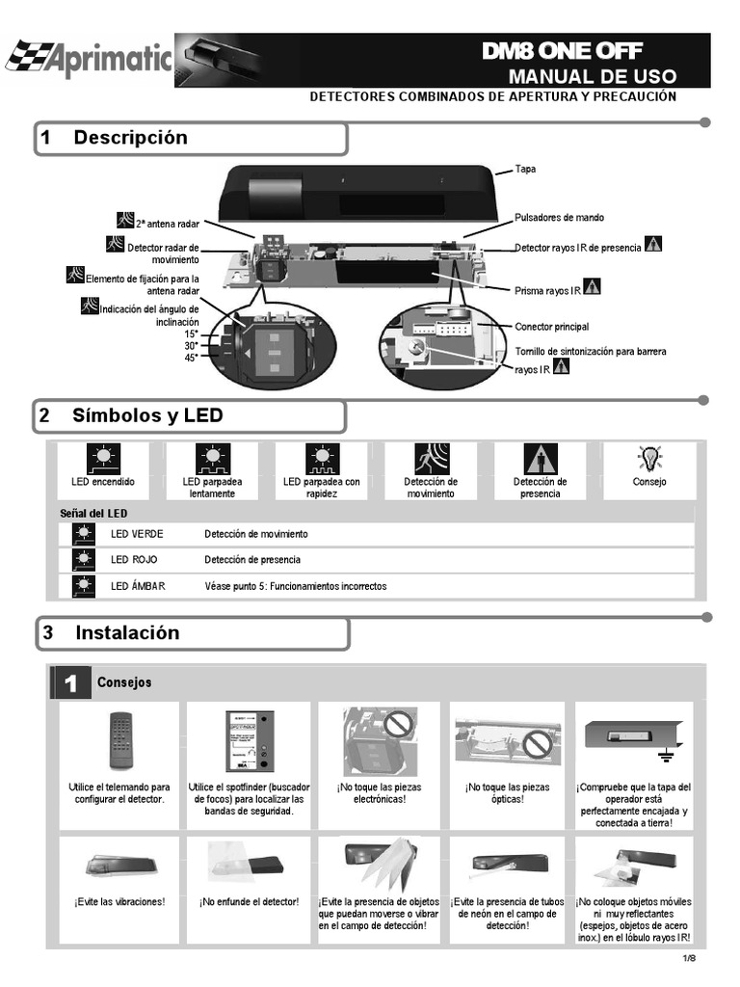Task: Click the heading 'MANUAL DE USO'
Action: tap(593, 76)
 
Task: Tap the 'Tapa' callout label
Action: tap(525, 169)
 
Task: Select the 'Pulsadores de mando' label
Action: tap(560, 218)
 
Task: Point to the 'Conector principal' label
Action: tap(551, 327)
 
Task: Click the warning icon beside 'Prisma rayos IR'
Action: tap(593, 286)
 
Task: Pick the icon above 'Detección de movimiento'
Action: tap(431, 458)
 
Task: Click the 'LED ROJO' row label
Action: tap(134, 560)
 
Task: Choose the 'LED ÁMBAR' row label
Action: tap(138, 586)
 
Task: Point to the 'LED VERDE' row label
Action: tap(137, 534)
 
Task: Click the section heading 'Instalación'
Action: tap(127, 633)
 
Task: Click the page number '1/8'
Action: tap(689, 957)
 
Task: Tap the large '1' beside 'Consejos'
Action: tap(69, 682)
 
